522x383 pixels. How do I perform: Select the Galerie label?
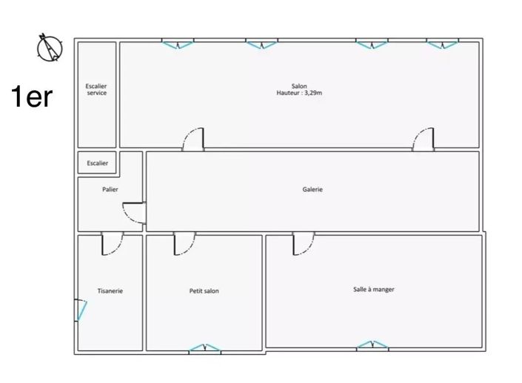pos(312,190)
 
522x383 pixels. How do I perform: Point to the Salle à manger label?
pos(373,289)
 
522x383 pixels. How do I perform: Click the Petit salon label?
pos(204,291)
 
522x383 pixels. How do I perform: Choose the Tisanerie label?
pos(110,291)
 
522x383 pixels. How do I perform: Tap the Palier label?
pos(110,190)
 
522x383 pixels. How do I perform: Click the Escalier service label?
pos(96,90)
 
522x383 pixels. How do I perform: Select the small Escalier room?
pos(97,163)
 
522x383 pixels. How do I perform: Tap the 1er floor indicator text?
pos(31,96)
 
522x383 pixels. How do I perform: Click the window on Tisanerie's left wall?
pos(79,310)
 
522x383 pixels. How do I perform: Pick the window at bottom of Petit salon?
pos(204,348)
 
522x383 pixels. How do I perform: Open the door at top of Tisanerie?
pos(112,244)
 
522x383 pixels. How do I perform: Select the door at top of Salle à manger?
pos(303,244)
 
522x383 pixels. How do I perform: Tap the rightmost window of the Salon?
pos(442,44)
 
